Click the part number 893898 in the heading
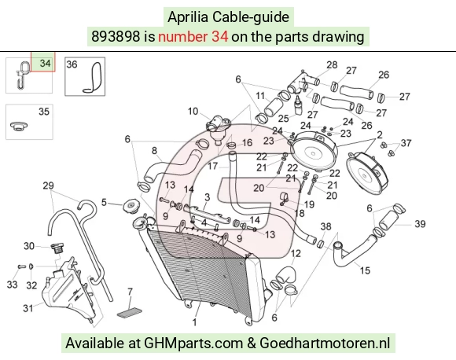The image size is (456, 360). tap(116, 37)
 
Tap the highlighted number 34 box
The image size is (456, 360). tap(43, 61)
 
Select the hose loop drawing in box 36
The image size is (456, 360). tap(92, 78)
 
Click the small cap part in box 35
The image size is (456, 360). tap(19, 126)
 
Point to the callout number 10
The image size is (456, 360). tap(193, 111)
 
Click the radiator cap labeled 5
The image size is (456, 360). tap(131, 207)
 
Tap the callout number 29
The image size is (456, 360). tap(48, 186)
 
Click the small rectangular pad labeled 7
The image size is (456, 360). tap(130, 313)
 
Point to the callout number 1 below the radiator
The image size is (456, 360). tap(194, 322)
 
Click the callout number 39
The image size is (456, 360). tap(420, 224)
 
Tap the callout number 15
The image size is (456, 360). tap(365, 270)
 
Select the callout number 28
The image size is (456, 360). tap(332, 64)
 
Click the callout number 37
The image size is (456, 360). tap(406, 143)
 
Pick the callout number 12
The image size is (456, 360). tap(296, 254)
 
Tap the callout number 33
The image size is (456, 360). tap(12, 285)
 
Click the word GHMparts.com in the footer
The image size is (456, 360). tap(193, 343)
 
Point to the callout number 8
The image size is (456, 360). tap(154, 151)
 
